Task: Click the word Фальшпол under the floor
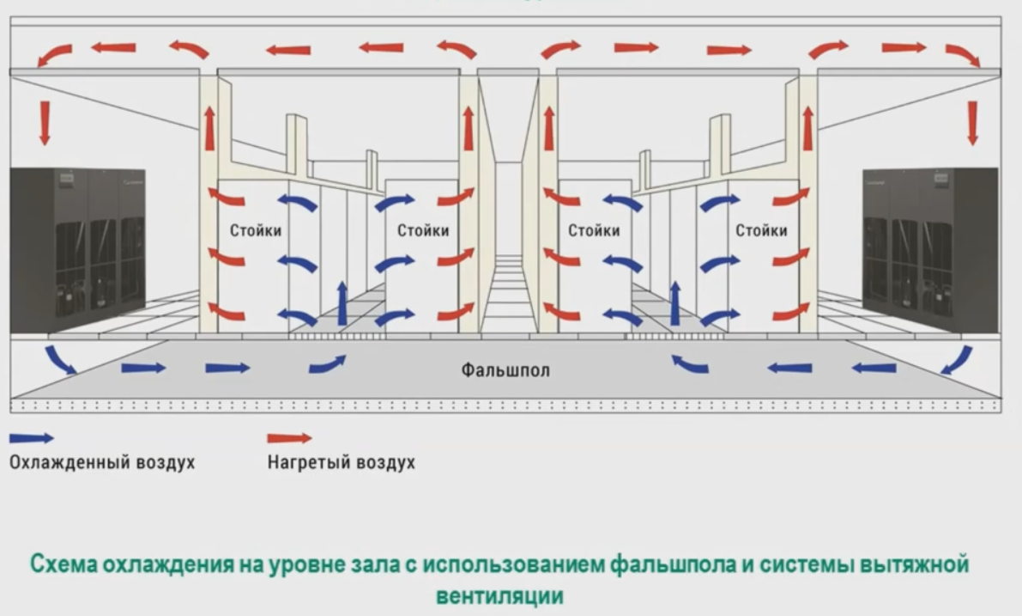pyautogui.click(x=505, y=371)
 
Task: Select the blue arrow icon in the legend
pyautogui.click(x=31, y=438)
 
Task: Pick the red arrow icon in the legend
pyautogui.click(x=289, y=438)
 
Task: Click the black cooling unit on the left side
pyautogui.click(x=77, y=250)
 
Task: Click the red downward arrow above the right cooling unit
pyautogui.click(x=972, y=122)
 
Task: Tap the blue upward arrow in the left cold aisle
pyautogui.click(x=342, y=302)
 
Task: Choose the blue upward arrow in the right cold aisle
pyautogui.click(x=675, y=302)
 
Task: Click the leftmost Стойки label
pyautogui.click(x=256, y=230)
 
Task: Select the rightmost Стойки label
pyautogui.click(x=761, y=230)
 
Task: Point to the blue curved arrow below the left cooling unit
pyautogui.click(x=60, y=358)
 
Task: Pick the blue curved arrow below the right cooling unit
pyautogui.click(x=956, y=359)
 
